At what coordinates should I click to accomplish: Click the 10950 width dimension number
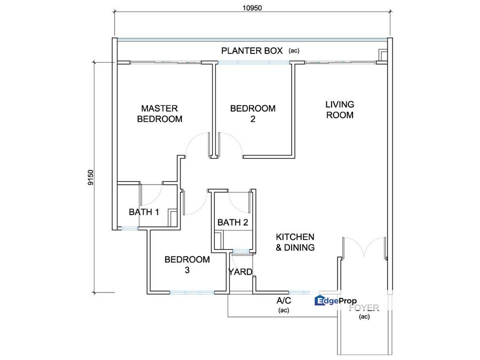pos(252,8)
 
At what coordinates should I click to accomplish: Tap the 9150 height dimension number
pos(90,177)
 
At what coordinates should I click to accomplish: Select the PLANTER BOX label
pos(252,51)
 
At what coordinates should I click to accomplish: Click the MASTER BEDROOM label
pos(159,113)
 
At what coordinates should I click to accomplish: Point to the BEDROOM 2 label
pos(253,113)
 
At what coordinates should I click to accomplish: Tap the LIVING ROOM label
pos(340,109)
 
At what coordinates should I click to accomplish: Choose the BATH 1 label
pos(144,212)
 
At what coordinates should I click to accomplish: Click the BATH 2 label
pos(232,222)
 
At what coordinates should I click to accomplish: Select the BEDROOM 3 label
pos(187,265)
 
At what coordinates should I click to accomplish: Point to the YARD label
pos(240,272)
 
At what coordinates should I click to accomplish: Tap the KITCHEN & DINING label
pos(295,242)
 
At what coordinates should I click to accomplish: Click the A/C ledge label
pos(284,300)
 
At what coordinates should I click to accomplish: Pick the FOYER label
pos(364,307)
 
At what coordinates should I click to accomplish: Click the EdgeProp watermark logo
pos(335,300)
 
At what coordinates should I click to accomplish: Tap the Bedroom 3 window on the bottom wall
pos(191,292)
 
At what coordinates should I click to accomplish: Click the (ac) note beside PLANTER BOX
pos(294,51)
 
